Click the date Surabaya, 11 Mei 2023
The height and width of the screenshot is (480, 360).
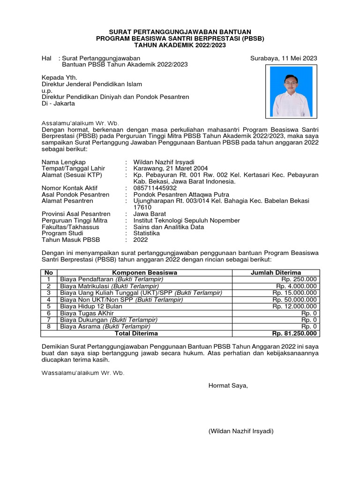pyautogui.click(x=283, y=58)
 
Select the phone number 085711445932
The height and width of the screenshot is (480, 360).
pyautogui.click(x=155, y=188)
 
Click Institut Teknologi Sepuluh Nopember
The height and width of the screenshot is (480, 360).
pyautogui.click(x=187, y=220)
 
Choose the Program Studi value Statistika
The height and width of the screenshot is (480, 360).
pyautogui.click(x=146, y=233)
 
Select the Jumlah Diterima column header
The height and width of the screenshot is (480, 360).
pyautogui.click(x=276, y=273)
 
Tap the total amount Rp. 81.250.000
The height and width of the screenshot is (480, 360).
pyautogui.click(x=294, y=333)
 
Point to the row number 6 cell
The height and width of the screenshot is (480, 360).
pyautogui.click(x=48, y=313)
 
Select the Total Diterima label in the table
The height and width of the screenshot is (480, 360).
pyautogui.click(x=136, y=333)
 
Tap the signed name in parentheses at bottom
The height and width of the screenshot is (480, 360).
pyautogui.click(x=241, y=431)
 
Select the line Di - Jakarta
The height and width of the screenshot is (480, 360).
pyautogui.click(x=58, y=104)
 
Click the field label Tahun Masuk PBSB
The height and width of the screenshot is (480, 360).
pyautogui.click(x=71, y=240)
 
